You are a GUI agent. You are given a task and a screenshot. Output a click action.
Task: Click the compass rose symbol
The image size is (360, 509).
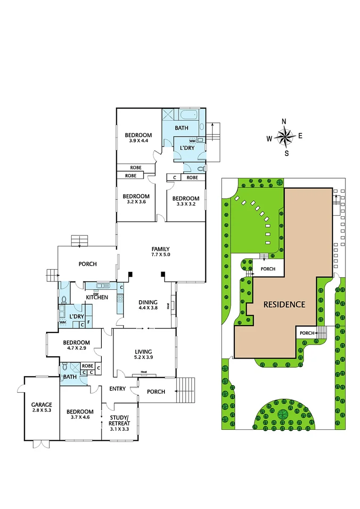tap(284, 137)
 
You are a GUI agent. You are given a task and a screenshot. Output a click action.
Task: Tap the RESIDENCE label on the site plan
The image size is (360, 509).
tap(284, 304)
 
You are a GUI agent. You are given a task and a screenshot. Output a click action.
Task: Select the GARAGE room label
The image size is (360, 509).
tap(42, 405)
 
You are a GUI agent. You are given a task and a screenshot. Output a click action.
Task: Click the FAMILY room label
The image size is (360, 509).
tap(160, 249)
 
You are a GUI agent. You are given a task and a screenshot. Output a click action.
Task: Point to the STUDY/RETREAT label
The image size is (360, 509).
tap(119, 420)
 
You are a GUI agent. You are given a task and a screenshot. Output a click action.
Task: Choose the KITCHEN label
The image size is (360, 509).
tap(97, 297)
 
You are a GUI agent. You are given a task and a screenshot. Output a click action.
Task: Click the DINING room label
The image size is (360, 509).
tap(148, 303)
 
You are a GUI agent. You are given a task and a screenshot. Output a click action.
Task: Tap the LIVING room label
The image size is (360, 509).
tap(143, 352)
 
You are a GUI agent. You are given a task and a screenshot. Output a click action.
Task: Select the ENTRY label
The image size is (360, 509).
tap(117, 389)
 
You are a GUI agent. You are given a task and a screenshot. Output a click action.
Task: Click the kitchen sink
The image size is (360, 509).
tap(102, 286)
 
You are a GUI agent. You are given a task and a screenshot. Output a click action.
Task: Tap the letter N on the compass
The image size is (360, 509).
tap(284, 122)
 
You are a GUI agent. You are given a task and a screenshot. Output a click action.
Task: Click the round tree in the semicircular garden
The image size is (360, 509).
tap(283, 414)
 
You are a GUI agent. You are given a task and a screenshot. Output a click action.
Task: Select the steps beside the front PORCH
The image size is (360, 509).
tap(185, 391)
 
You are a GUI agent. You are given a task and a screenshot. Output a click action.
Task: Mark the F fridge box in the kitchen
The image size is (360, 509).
tap(88, 324)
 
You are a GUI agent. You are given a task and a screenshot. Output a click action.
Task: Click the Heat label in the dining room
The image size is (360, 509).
tap(168, 306)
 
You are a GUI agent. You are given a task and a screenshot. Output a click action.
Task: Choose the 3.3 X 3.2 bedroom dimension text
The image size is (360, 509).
tap(185, 205)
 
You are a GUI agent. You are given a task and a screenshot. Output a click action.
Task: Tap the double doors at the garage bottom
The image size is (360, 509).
tap(41, 443)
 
